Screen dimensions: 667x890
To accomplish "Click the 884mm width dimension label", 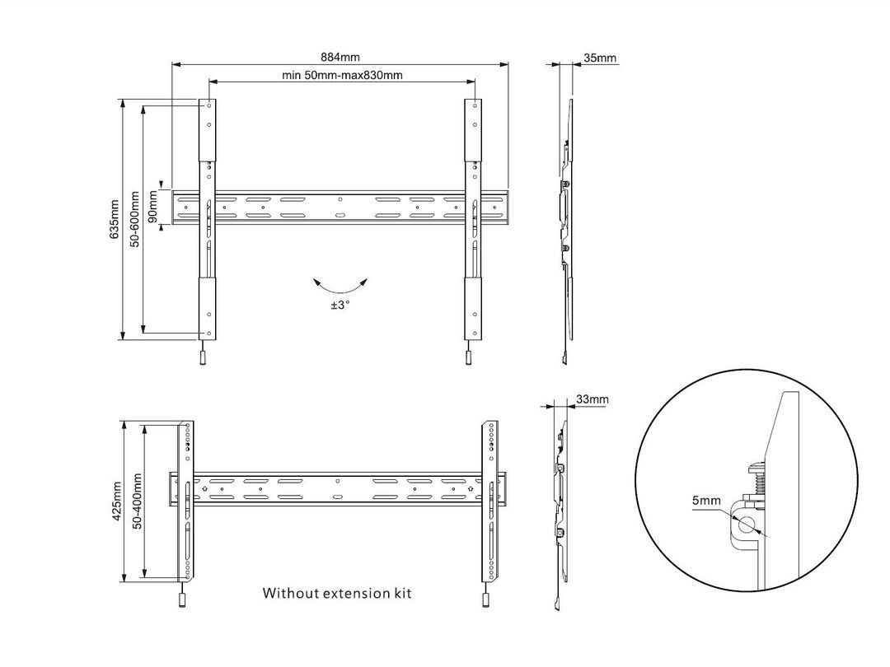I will pyautogui.click(x=340, y=57).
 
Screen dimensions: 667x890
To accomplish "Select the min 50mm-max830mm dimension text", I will pyautogui.click(x=342, y=76).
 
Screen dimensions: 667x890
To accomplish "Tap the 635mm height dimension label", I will pyautogui.click(x=115, y=220).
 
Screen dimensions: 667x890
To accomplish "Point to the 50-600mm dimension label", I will pyautogui.click(x=135, y=220).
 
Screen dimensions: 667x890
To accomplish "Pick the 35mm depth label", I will pyautogui.click(x=599, y=58).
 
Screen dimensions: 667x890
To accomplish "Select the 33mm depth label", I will pyautogui.click(x=592, y=399).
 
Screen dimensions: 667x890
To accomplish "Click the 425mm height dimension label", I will pyautogui.click(x=116, y=501).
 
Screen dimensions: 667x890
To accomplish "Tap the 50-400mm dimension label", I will pyautogui.click(x=136, y=501).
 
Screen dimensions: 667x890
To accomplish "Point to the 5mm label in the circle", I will pyautogui.click(x=705, y=501).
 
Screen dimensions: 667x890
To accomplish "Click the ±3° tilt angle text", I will pyautogui.click(x=340, y=304).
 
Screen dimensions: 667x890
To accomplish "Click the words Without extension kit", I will pyautogui.click(x=336, y=593).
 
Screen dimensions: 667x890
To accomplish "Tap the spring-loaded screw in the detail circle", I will pyautogui.click(x=757, y=478).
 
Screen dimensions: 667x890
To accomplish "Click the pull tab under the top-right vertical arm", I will pyautogui.click(x=468, y=357).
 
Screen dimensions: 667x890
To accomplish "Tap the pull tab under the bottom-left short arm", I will pyautogui.click(x=182, y=600).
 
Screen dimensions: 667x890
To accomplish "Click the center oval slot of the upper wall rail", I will pyautogui.click(x=340, y=217).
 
